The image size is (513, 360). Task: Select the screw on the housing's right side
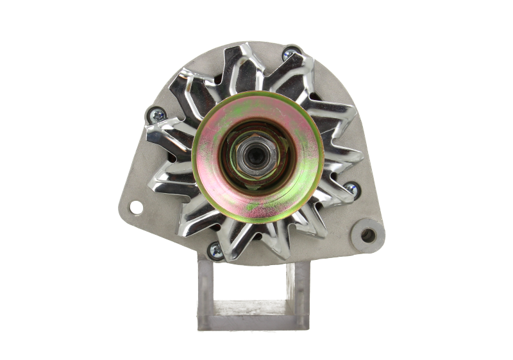tap(351, 188)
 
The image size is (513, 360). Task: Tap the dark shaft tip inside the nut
tap(255, 155)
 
